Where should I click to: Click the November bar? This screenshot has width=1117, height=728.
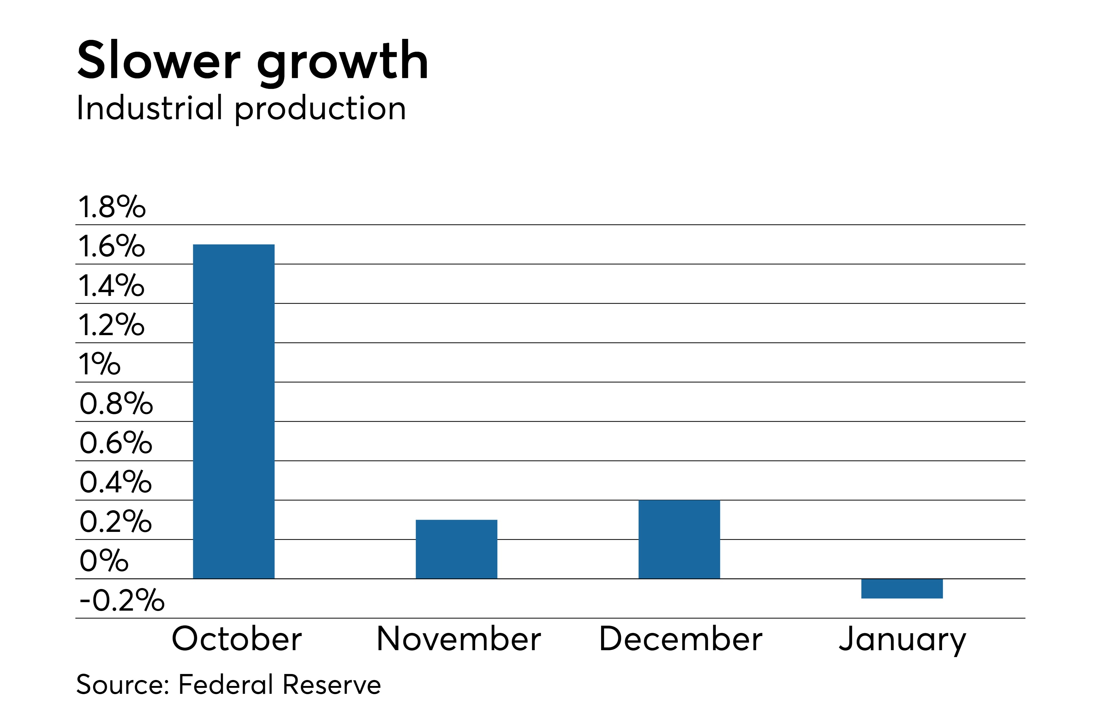point(456,549)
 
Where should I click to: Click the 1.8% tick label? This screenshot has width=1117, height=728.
point(112,207)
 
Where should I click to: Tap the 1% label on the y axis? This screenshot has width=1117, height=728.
point(99,364)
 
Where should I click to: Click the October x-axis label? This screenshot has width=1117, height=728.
point(237,639)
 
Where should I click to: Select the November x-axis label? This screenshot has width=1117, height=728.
point(458,639)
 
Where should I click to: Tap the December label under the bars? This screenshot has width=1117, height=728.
point(681,639)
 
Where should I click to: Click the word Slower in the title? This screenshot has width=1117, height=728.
point(159,61)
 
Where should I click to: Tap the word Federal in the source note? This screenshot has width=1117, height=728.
point(226,684)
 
